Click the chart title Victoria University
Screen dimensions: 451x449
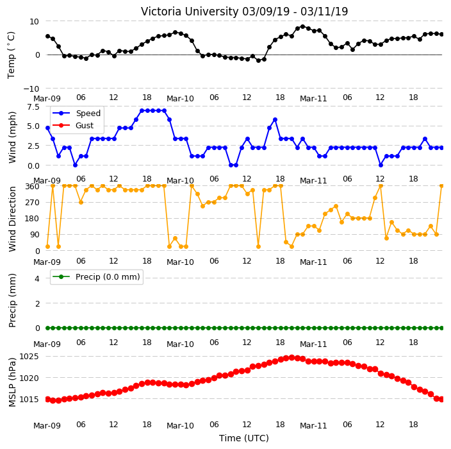(x=190, y=12)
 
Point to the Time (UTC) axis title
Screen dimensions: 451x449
(x=244, y=438)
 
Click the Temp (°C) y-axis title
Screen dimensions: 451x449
(x=11, y=55)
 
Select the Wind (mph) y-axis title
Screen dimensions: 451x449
(x=12, y=137)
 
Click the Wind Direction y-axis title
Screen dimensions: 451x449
(x=12, y=219)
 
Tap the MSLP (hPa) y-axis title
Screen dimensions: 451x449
(x=12, y=382)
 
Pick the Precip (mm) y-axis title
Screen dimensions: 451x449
(x=12, y=300)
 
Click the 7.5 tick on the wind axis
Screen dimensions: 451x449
(x=33, y=107)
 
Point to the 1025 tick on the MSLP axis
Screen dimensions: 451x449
(x=29, y=357)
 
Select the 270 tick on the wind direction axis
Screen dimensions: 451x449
(x=32, y=203)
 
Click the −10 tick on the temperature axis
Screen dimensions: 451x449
(x=31, y=89)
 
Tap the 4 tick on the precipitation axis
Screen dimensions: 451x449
(x=37, y=278)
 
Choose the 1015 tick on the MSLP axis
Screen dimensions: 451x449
(x=29, y=400)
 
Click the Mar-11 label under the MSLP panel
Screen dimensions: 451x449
(x=313, y=426)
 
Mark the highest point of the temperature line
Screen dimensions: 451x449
(x=302, y=27)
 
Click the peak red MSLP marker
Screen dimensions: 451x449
(x=291, y=358)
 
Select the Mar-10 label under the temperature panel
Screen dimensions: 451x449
(x=180, y=99)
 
